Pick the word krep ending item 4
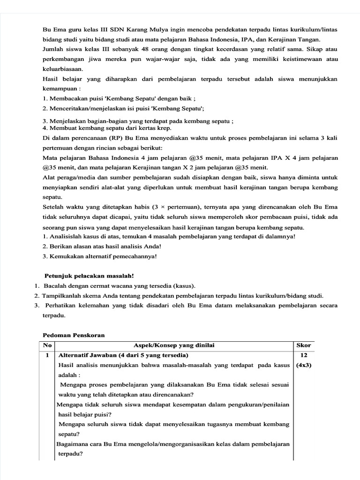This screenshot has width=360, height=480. (165, 128)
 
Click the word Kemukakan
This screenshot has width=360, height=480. (67, 256)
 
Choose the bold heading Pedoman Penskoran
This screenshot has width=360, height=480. (74, 335)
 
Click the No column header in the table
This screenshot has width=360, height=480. (47, 345)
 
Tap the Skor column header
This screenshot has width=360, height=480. (303, 345)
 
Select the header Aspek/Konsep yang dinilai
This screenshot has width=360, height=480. (174, 345)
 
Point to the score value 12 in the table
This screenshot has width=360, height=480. (303, 355)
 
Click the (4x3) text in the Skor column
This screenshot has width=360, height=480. (303, 366)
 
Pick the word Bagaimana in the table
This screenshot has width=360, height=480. (73, 443)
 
